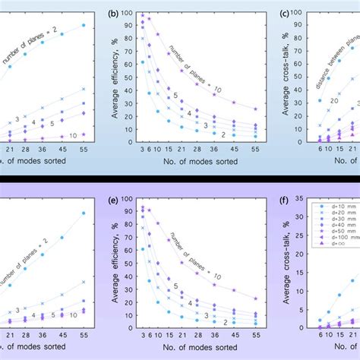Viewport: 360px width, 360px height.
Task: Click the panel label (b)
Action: coord(115,13)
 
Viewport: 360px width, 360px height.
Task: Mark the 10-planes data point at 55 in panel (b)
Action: coord(255,109)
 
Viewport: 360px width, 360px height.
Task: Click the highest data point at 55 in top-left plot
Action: coord(84,25)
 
